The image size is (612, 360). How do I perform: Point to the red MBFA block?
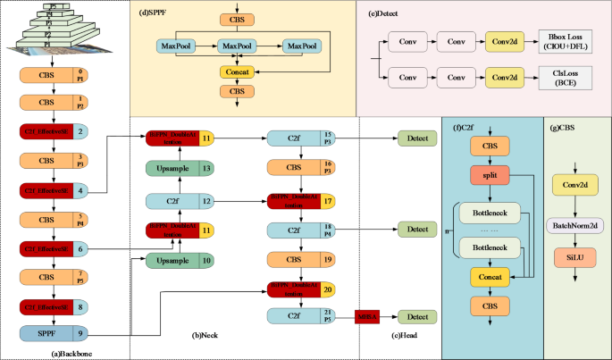(369, 317)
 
